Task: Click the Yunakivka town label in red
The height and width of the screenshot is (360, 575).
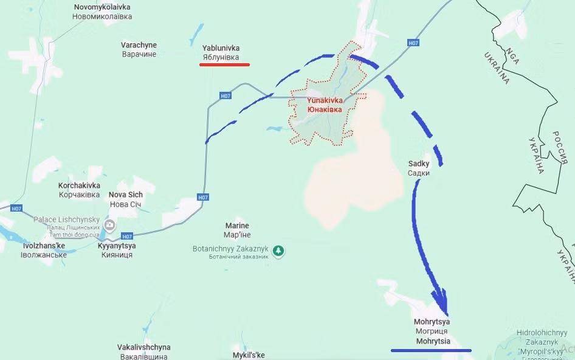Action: [324, 105]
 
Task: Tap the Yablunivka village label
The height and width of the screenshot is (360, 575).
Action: [221, 52]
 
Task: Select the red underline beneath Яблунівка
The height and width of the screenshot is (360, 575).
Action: [224, 64]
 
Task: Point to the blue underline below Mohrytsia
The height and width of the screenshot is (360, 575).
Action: [431, 350]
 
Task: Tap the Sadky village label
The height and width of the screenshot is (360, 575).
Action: [419, 168]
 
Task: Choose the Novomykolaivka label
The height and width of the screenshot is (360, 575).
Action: [103, 12]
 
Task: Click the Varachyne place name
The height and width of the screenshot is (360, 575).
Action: [139, 49]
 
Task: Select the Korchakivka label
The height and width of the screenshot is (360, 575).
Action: [79, 189]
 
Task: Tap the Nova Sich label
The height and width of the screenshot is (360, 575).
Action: [126, 199]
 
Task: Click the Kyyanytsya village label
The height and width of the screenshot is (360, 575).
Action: [117, 250]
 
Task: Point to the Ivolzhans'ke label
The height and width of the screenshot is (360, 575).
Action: [44, 250]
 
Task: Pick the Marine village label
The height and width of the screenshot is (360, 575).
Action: [237, 230]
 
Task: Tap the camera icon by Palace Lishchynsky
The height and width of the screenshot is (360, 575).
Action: [110, 226]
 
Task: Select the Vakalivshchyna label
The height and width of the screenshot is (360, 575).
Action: [143, 351]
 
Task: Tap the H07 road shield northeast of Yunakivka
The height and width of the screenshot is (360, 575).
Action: [413, 43]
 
